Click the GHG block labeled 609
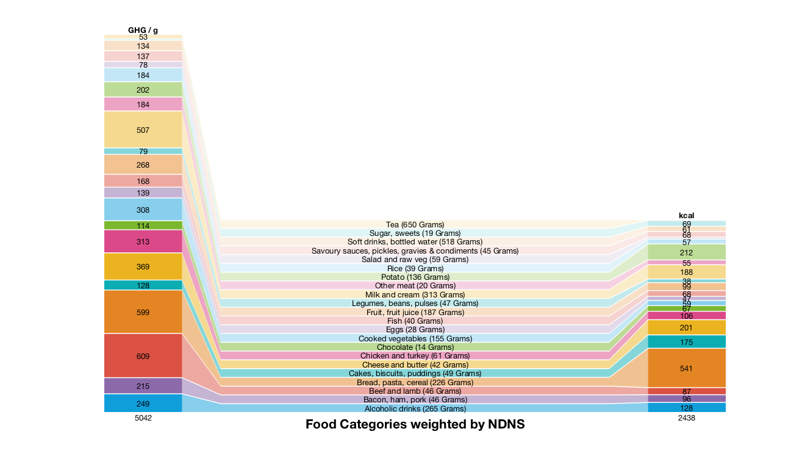click(143, 356)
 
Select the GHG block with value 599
click(143, 312)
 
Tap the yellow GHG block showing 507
click(143, 130)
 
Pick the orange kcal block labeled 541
click(687, 368)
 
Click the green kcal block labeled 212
click(687, 252)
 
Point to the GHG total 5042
click(143, 419)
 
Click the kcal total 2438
click(687, 419)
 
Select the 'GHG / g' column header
click(143, 30)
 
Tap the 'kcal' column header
click(687, 215)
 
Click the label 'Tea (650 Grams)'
click(415, 225)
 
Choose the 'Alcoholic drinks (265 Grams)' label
click(415, 408)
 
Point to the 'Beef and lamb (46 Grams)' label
click(415, 391)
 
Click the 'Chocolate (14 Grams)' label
click(415, 347)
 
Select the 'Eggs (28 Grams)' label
click(415, 330)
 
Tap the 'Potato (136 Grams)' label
click(415, 277)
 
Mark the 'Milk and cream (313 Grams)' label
click(415, 294)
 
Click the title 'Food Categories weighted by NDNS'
click(415, 425)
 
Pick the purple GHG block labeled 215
click(143, 386)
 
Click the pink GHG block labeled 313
click(143, 241)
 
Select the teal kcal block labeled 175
click(687, 342)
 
